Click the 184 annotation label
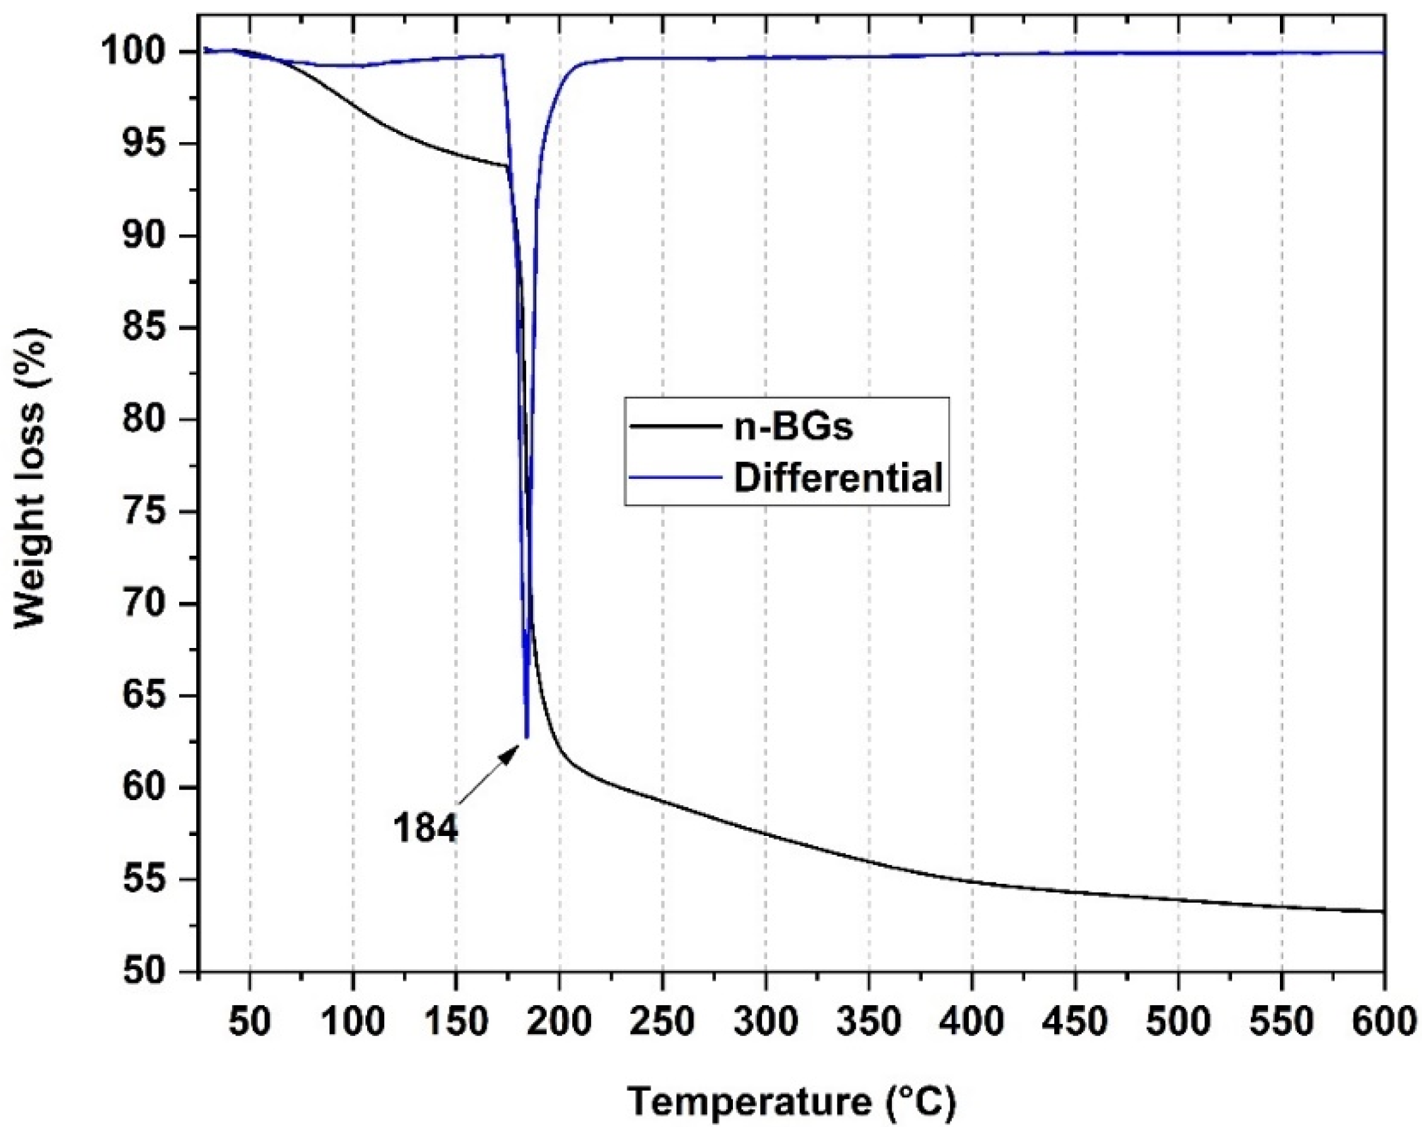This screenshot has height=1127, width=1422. pos(425,828)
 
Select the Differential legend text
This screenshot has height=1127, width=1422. pos(838,478)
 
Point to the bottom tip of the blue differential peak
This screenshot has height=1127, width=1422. pos(526,737)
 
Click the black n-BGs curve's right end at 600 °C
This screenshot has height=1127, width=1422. pos(1381,911)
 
